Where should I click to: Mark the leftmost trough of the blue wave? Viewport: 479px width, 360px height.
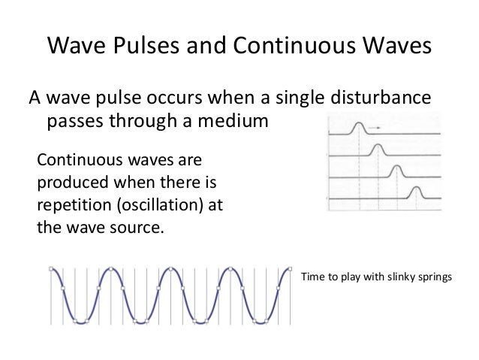tap(80, 321)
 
